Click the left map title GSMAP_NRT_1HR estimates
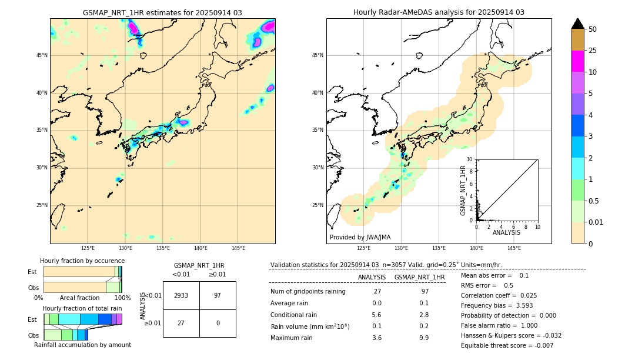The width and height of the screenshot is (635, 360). click(162, 12)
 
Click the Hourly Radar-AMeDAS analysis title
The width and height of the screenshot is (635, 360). click(439, 12)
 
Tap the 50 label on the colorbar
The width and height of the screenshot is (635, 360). click(593, 29)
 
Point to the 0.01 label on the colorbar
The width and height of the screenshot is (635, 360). click(596, 222)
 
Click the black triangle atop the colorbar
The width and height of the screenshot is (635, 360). click(578, 24)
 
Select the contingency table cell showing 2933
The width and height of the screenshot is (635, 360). click(181, 295)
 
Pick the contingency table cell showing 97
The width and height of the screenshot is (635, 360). click(218, 295)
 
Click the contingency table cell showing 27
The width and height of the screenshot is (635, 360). click(181, 323)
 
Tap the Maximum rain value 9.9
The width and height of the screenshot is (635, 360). click(424, 338)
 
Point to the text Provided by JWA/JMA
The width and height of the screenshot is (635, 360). click(360, 237)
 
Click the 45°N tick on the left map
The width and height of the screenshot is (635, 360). click(41, 55)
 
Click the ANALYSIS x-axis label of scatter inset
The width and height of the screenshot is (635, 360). click(506, 232)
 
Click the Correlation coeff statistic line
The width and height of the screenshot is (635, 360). click(499, 295)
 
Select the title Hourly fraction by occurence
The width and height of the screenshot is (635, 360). click(82, 261)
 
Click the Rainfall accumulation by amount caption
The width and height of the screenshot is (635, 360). click(82, 345)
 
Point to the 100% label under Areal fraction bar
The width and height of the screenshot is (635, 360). click(122, 298)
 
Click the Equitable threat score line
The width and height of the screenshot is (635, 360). click(507, 345)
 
